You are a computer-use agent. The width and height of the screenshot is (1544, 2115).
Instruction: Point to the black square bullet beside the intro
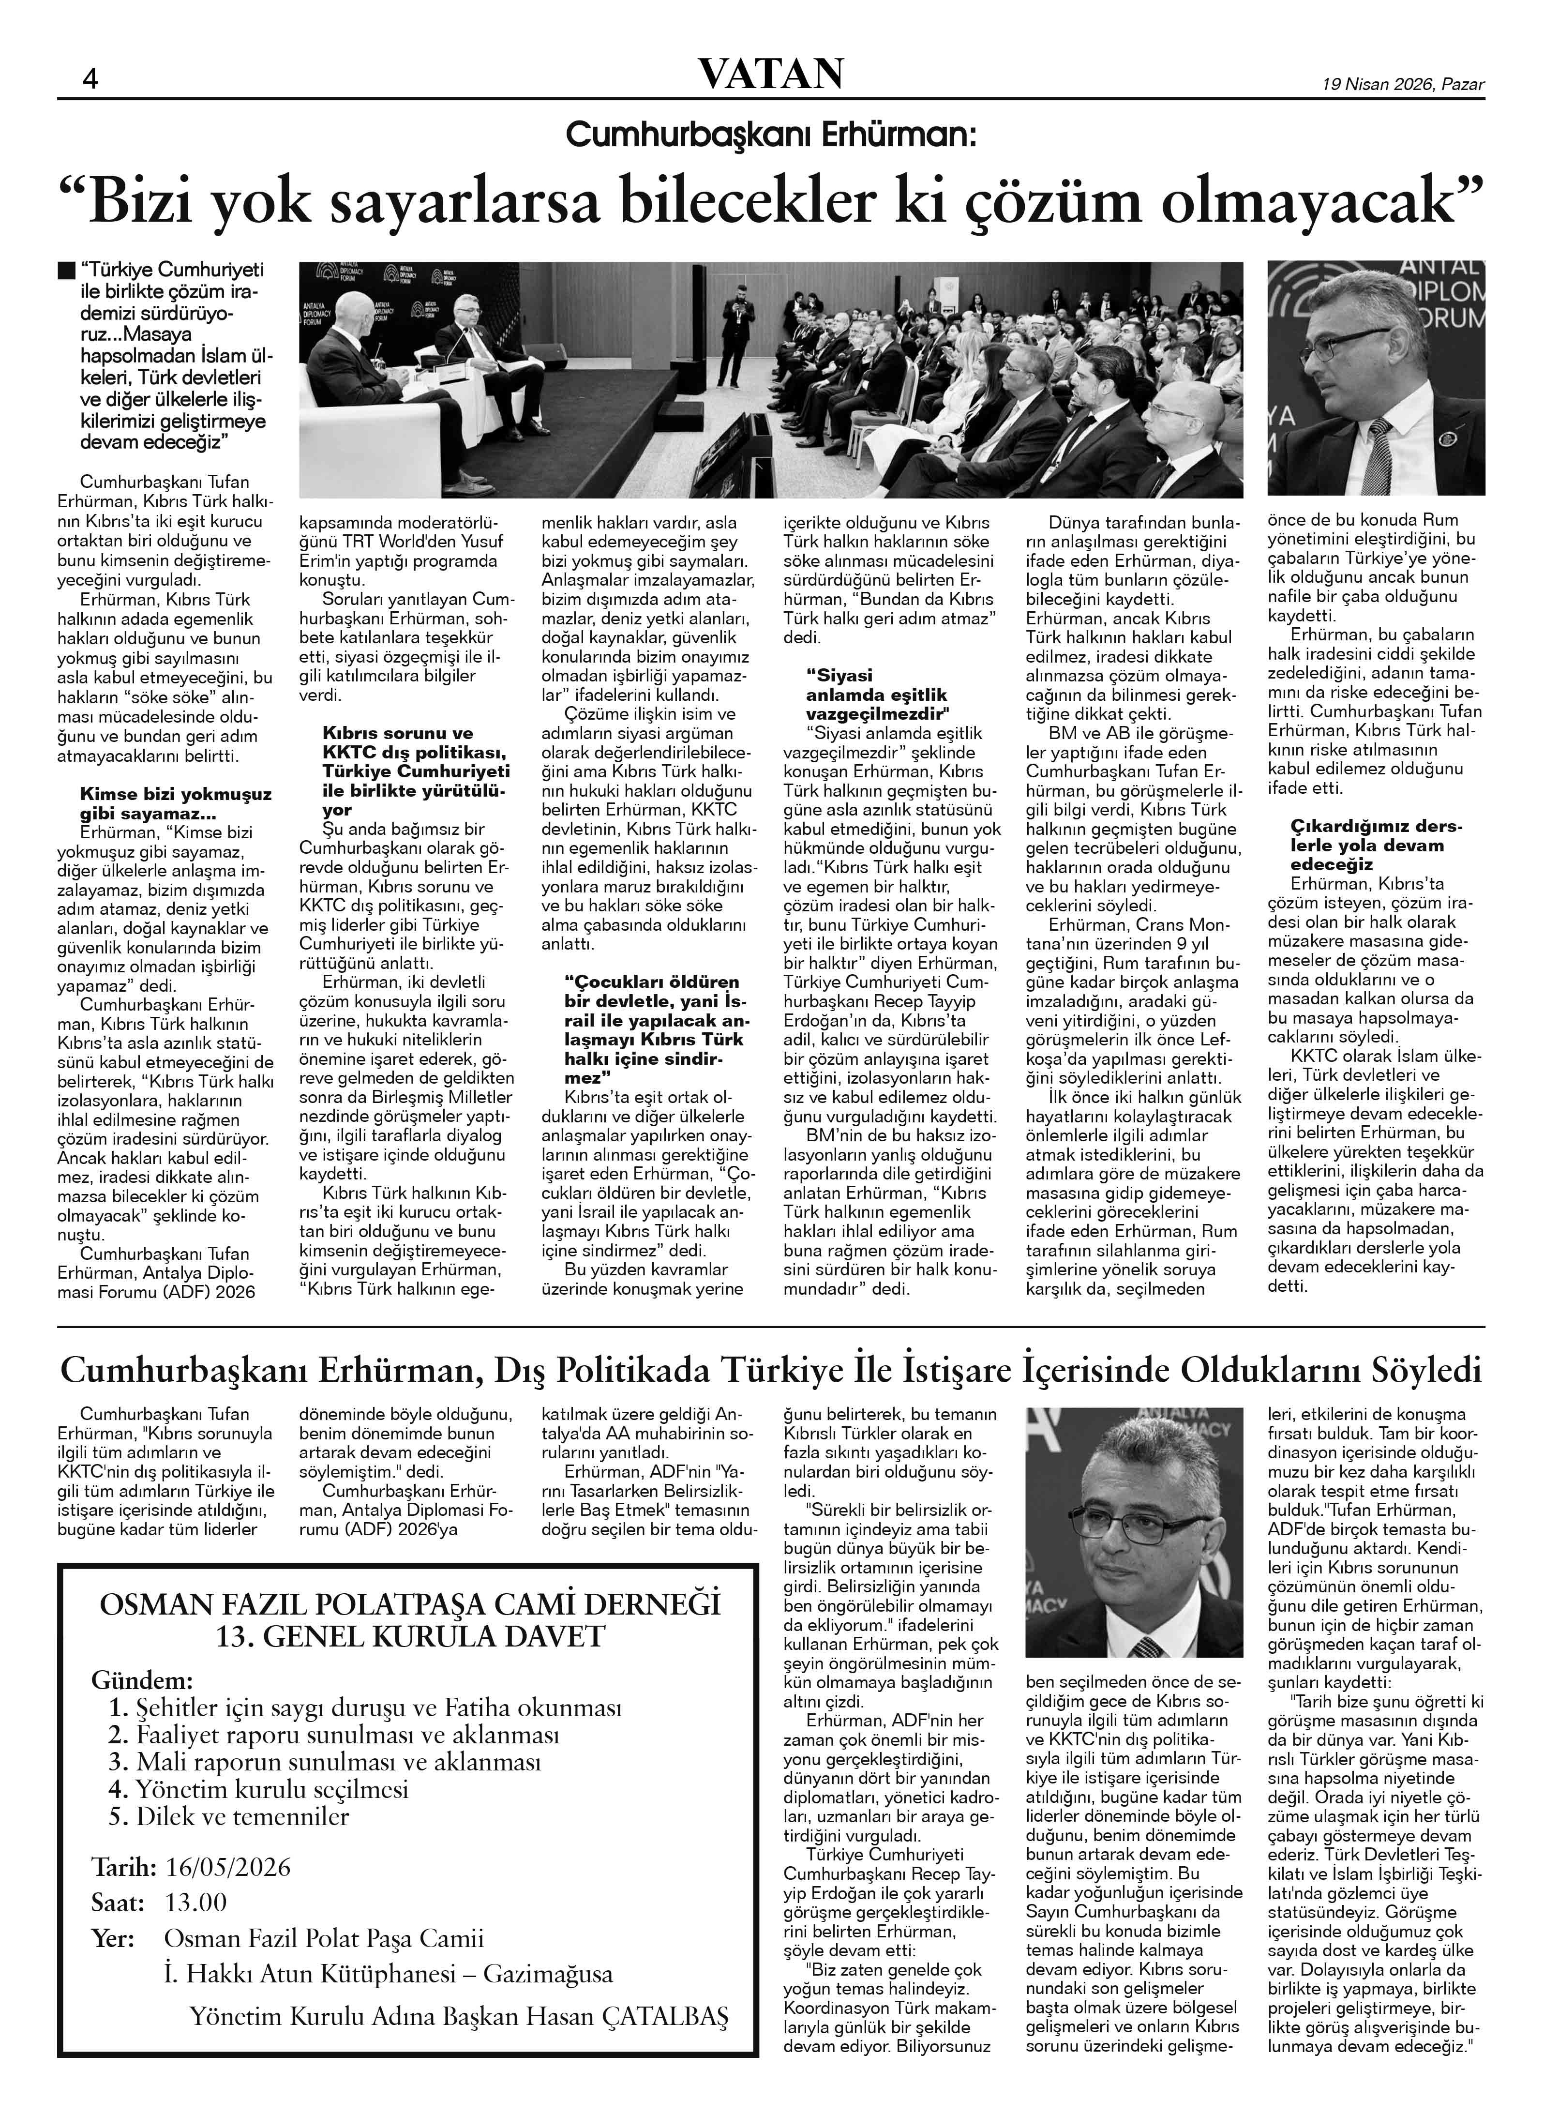[65, 271]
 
